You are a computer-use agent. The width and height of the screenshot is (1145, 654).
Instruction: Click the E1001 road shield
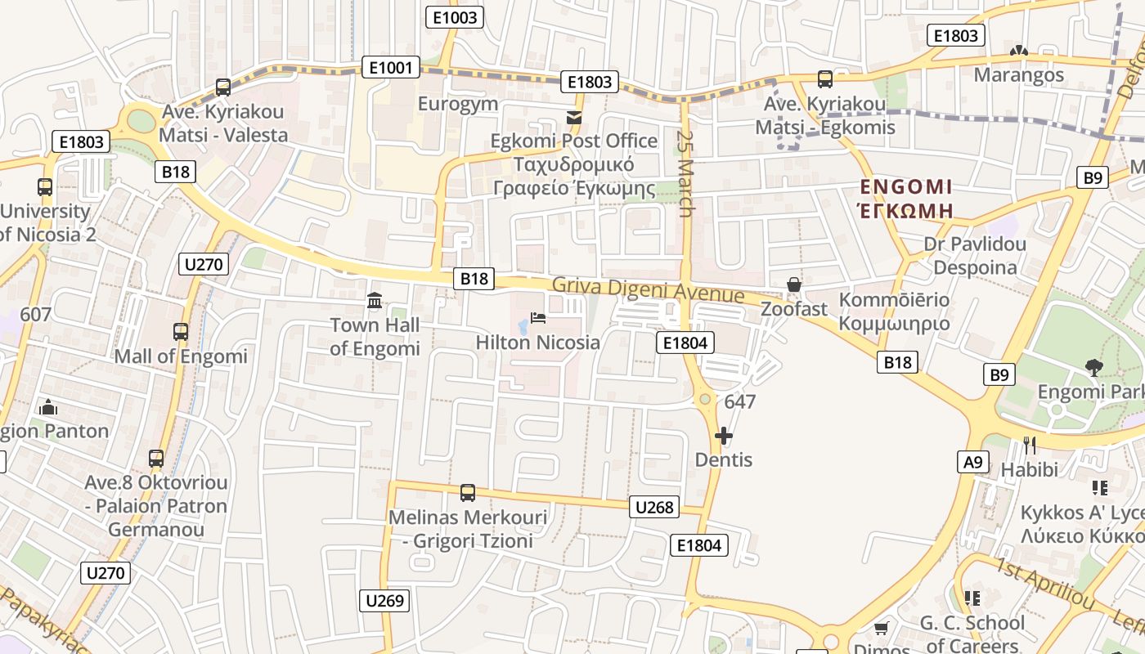pyautogui.click(x=390, y=67)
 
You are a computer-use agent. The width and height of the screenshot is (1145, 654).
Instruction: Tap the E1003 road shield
pyautogui.click(x=456, y=17)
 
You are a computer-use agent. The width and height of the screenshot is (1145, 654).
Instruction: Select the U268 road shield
pyautogui.click(x=654, y=508)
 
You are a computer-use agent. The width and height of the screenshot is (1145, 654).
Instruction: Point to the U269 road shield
pyautogui.click(x=384, y=601)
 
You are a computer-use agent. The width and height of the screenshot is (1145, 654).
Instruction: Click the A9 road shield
pyautogui.click(x=972, y=462)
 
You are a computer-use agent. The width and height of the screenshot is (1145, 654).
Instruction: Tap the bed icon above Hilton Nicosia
pyautogui.click(x=538, y=317)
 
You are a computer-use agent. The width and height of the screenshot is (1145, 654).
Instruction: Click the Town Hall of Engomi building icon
pyautogui.click(x=375, y=301)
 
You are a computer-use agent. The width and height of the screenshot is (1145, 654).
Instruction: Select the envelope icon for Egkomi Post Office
pyautogui.click(x=574, y=118)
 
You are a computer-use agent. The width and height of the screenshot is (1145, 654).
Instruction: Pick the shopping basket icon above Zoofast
pyautogui.click(x=793, y=284)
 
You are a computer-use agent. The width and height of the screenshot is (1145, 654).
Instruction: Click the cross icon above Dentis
pyautogui.click(x=724, y=436)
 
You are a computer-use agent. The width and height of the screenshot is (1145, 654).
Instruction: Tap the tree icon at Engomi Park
pyautogui.click(x=1093, y=368)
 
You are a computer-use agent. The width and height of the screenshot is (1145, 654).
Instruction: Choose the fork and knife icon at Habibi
pyautogui.click(x=1029, y=446)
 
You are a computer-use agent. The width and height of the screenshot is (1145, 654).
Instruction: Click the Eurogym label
pyautogui.click(x=458, y=104)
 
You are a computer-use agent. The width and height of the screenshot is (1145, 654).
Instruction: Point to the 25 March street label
pyautogui.click(x=685, y=173)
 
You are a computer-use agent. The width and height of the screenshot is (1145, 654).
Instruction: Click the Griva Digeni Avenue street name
pyautogui.click(x=648, y=290)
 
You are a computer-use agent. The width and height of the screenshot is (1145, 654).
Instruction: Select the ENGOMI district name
pyautogui.click(x=906, y=187)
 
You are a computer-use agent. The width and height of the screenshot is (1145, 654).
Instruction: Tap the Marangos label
pyautogui.click(x=1018, y=75)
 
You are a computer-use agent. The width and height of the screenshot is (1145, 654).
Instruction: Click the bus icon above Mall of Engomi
pyautogui.click(x=181, y=332)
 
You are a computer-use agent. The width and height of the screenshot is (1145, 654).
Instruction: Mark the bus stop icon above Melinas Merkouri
pyautogui.click(x=468, y=493)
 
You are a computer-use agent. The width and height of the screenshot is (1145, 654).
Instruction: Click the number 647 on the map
pyautogui.click(x=740, y=402)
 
